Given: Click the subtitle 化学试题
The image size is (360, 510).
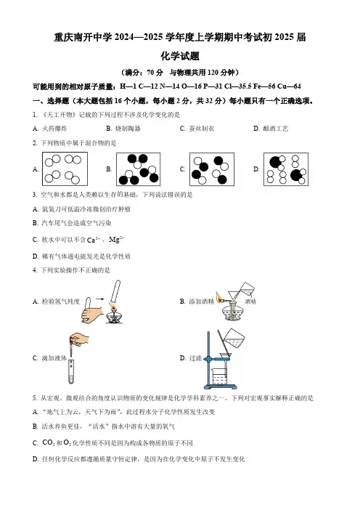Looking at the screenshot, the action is pyautogui.click(x=180, y=56).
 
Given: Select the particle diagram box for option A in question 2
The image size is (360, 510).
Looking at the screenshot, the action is pyautogui.click(x=65, y=169).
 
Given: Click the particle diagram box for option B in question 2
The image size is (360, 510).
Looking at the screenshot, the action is pyautogui.click(x=138, y=169).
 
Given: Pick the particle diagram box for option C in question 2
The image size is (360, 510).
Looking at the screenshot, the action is pyautogui.click(x=212, y=169).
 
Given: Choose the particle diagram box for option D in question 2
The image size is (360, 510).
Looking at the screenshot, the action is pyautogui.click(x=286, y=169).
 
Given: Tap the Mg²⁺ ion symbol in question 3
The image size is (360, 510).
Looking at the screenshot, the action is pyautogui.click(x=117, y=240).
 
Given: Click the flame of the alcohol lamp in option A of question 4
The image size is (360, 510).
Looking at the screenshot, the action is pyautogui.click(x=112, y=307).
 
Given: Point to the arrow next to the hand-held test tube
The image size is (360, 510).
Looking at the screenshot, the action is pyautogui.click(x=99, y=299).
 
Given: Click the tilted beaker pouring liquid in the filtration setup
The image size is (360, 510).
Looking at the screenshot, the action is pyautogui.click(x=234, y=339).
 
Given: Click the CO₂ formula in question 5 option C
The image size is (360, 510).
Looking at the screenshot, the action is pyautogui.click(x=49, y=442).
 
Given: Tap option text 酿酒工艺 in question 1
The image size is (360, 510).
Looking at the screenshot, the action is pyautogui.click(x=276, y=129).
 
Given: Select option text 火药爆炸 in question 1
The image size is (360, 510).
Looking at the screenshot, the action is pyautogui.click(x=54, y=129).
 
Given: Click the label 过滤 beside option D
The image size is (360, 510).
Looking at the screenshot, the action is pyautogui.click(x=195, y=358).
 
